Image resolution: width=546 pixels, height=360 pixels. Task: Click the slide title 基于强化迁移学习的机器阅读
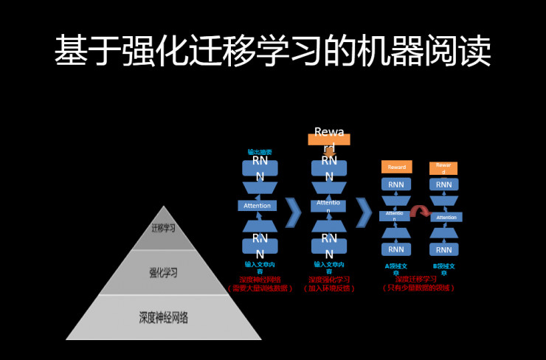coord(272,51)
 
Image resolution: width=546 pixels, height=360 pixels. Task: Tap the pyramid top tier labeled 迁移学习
coord(163,228)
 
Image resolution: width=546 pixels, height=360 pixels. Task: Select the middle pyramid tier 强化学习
coord(163,272)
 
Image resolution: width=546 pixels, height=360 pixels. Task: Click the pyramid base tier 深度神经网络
coord(163,318)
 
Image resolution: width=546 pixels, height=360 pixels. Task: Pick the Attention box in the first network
coord(258,205)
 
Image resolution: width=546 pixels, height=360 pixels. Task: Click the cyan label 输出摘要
coord(259,152)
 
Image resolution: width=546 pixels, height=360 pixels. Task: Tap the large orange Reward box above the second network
coord(329,138)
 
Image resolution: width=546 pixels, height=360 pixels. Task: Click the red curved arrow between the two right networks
coord(421,212)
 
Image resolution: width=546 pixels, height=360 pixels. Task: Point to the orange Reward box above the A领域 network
coord(396,167)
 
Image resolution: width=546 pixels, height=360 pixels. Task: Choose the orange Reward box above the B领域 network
coord(443,168)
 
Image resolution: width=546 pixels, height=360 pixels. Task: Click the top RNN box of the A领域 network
coord(396,184)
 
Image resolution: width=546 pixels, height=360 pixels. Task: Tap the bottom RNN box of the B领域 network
coord(443,249)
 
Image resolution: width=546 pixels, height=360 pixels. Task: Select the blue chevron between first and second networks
coord(293,212)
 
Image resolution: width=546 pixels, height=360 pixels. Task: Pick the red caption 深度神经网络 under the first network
coord(260,280)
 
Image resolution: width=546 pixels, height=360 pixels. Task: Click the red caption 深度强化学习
coord(329,280)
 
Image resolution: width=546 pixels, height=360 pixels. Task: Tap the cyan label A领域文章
coord(396,269)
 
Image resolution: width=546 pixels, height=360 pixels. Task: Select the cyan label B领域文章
coord(443,269)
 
